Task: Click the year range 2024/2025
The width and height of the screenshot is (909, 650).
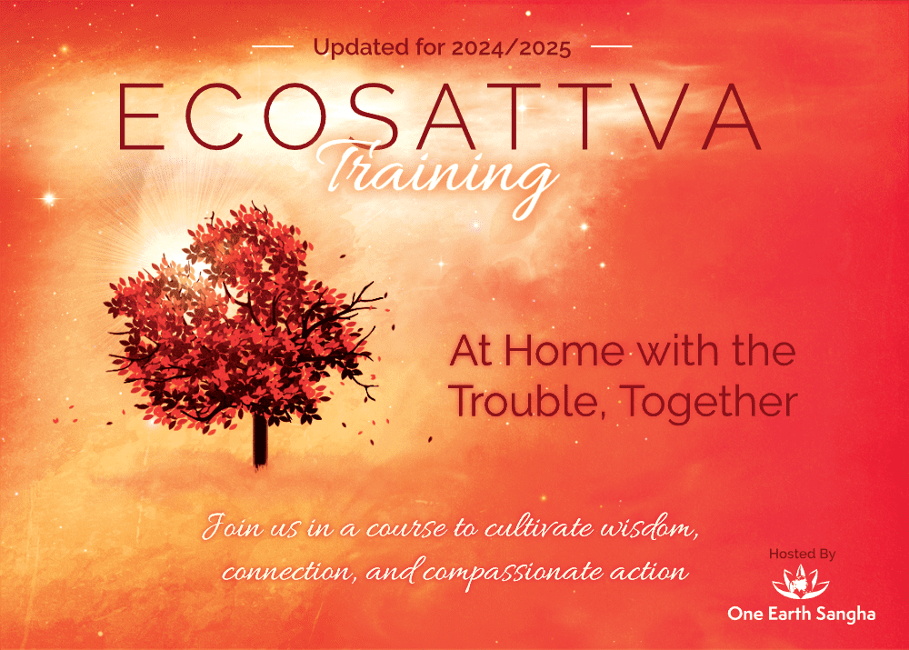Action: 511,48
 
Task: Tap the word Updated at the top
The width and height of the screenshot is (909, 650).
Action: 362,48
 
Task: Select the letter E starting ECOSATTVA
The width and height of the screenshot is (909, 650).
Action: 141,116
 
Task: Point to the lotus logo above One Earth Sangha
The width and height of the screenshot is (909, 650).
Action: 801,582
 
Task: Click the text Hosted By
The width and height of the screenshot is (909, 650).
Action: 803,555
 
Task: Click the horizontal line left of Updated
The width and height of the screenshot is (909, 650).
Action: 273,45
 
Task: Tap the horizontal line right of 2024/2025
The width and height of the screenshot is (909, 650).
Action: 611,45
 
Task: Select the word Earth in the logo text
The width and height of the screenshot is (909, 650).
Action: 788,614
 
